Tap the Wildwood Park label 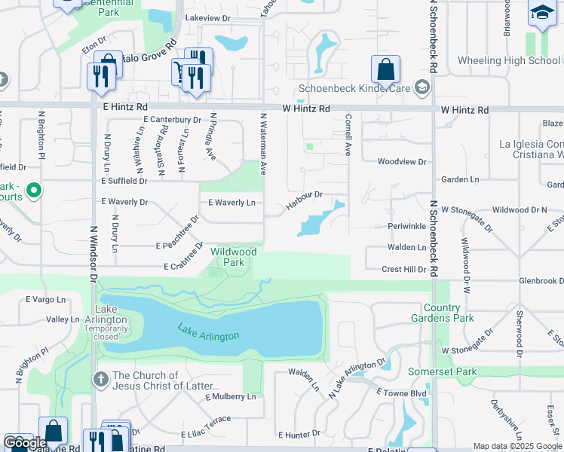234,257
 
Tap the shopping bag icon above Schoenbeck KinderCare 385,70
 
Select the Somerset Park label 443,372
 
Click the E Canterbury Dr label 173,120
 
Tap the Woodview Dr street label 402,162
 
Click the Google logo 24,442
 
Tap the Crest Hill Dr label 404,269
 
